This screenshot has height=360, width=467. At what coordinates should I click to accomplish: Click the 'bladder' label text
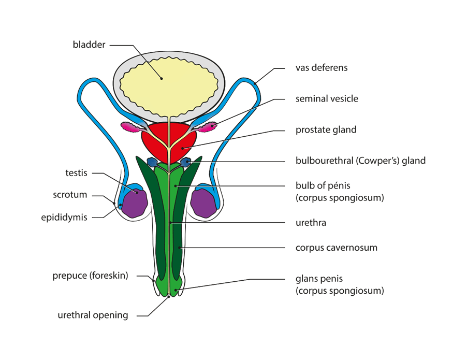(x=89, y=45)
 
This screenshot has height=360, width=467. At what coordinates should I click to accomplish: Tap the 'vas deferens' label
(x=321, y=68)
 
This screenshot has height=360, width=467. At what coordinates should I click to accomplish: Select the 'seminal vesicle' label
(x=326, y=98)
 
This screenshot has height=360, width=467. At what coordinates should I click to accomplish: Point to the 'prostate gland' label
(x=326, y=129)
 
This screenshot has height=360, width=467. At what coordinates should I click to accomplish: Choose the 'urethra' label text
(x=311, y=223)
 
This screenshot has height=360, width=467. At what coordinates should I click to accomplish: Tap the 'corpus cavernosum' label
(x=336, y=248)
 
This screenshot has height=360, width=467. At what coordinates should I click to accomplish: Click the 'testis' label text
(x=77, y=174)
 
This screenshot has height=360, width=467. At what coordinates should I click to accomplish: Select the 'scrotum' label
(x=70, y=195)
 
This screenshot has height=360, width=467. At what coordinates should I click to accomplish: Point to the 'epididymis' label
(x=64, y=217)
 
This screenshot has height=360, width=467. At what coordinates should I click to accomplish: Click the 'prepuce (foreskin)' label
(x=90, y=276)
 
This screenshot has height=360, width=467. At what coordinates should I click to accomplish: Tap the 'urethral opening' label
(x=93, y=315)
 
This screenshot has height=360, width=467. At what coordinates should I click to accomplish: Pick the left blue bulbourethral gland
(x=152, y=162)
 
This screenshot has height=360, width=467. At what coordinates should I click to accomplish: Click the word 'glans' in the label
(x=305, y=279)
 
